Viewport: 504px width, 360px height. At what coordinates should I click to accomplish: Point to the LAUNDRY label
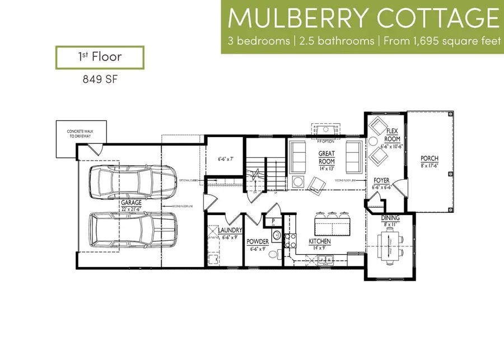pyautogui.click(x=230, y=231)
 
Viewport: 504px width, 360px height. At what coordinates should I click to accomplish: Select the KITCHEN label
pyautogui.click(x=320, y=241)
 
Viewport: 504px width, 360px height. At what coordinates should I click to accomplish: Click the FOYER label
pyautogui.click(x=381, y=180)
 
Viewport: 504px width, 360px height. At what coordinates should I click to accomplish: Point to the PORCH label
pyautogui.click(x=430, y=158)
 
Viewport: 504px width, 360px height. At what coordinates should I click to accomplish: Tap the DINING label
pyautogui.click(x=390, y=218)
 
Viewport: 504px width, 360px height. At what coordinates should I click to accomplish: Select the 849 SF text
pyautogui.click(x=99, y=79)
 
